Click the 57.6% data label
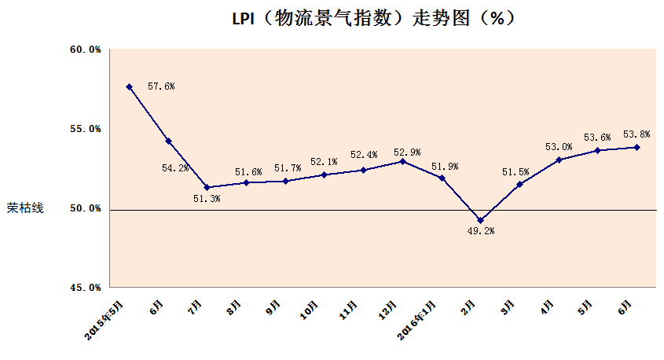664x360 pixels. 161,86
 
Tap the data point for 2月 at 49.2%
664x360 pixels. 480,221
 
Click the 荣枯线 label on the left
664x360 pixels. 26,209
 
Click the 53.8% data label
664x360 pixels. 636,134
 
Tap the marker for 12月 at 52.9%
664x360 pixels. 402,161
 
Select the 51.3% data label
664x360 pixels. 207,200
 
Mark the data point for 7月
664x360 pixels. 207,187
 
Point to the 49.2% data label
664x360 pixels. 481,231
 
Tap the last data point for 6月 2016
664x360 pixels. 636,147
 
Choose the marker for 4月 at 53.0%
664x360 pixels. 559,160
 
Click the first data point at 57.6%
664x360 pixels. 129,86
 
